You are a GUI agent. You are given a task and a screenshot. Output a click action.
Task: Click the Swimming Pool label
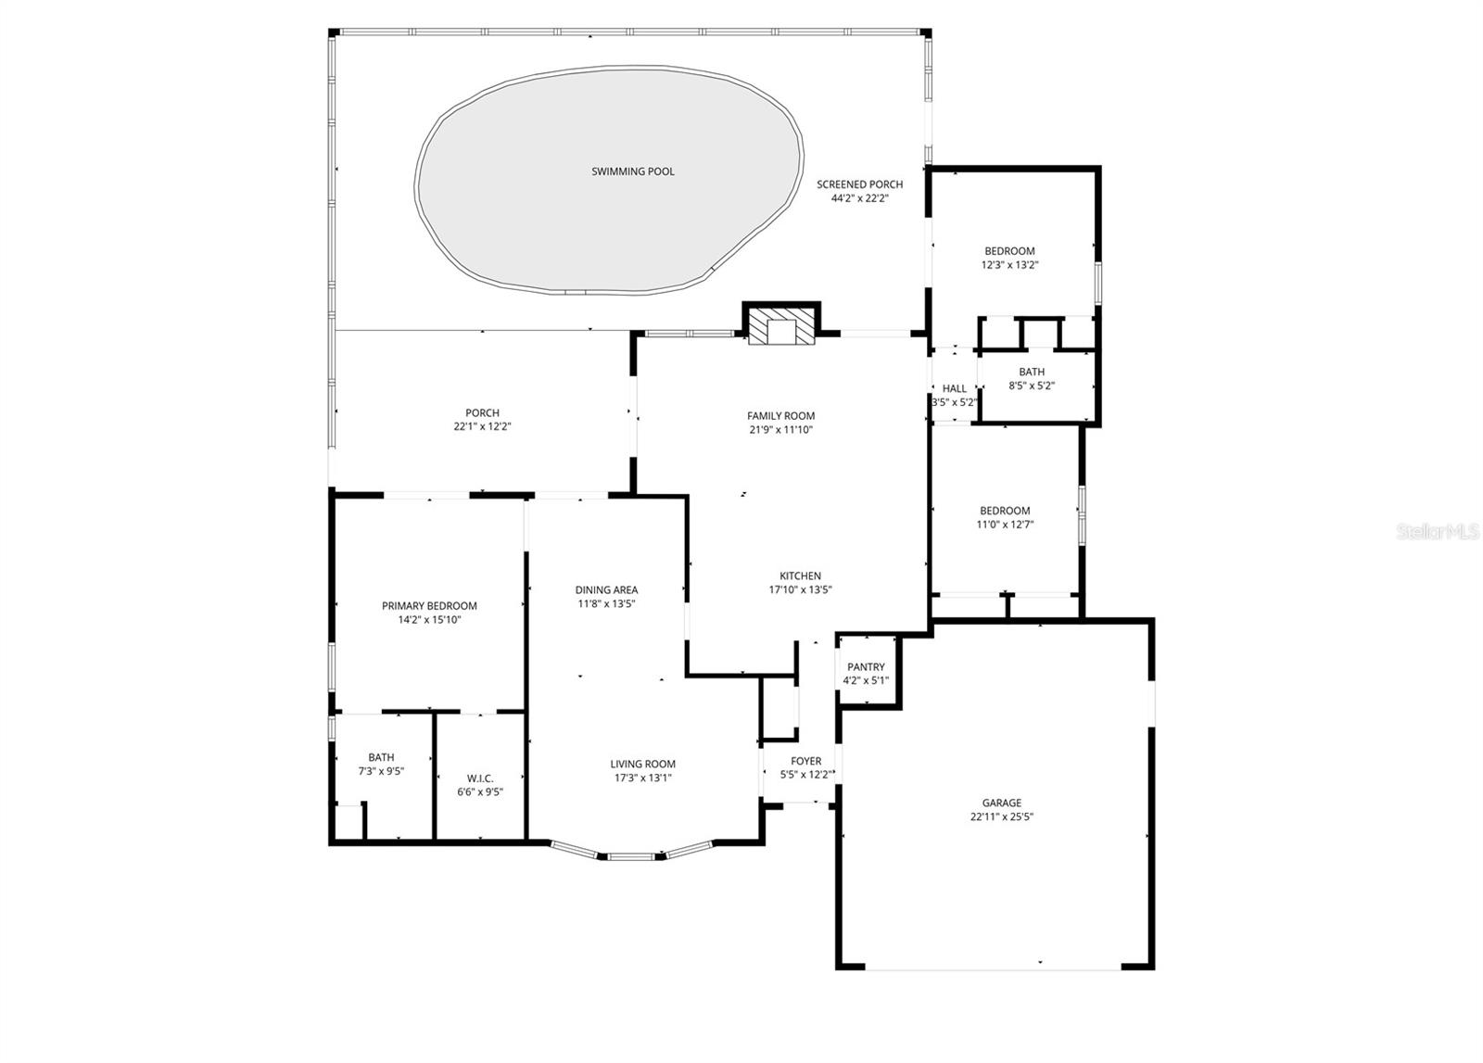click(x=633, y=171)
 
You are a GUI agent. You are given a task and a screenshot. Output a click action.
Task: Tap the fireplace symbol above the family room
click(x=780, y=326)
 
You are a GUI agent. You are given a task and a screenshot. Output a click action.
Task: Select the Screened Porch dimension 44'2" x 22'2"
click(x=859, y=198)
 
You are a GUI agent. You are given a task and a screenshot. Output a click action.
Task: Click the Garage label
click(x=1001, y=804)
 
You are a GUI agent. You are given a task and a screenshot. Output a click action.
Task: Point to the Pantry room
click(x=866, y=673)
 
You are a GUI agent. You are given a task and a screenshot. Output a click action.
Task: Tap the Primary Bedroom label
click(x=429, y=606)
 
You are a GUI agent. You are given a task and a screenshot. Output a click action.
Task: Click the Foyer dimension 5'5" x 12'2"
click(x=805, y=775)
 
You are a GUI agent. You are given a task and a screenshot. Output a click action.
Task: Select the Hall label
click(x=954, y=388)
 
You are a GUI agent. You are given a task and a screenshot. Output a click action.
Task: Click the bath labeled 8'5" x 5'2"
click(x=1032, y=379)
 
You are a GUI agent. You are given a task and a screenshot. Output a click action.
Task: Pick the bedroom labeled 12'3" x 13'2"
click(x=1009, y=258)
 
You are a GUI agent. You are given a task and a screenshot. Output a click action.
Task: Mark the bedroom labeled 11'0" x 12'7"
click(x=1005, y=517)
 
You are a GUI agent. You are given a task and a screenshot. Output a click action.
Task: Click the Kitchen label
click(x=800, y=576)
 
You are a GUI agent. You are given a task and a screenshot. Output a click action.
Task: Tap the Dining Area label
click(x=606, y=590)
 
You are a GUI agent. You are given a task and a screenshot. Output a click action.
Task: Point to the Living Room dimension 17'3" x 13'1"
click(x=642, y=778)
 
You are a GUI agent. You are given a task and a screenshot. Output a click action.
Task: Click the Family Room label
click(x=780, y=416)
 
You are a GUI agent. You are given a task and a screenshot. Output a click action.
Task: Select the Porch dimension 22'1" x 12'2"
click(x=482, y=427)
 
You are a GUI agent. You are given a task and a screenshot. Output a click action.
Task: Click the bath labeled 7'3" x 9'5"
click(x=381, y=765)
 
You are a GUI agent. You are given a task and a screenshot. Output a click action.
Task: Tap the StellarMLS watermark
click(x=1438, y=532)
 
